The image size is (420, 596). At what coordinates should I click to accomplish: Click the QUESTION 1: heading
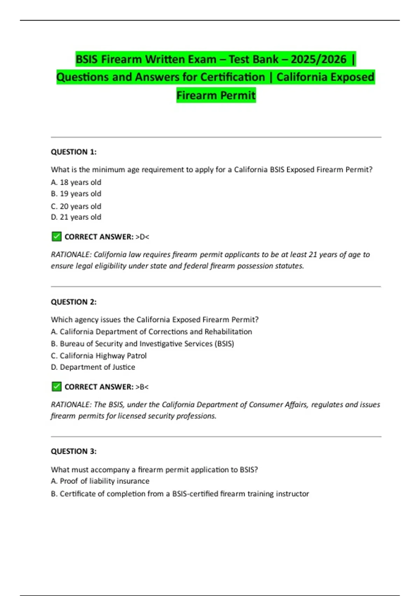coord(73,152)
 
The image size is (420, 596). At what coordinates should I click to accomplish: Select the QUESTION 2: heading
coord(73,302)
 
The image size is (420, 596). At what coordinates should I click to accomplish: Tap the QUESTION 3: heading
coord(73,451)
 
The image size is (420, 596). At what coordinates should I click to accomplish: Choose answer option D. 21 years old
coord(76,217)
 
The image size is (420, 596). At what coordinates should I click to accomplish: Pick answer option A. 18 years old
coord(76,182)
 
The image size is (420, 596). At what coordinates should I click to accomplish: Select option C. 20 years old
coord(76,206)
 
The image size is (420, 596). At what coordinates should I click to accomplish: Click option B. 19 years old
coord(76,194)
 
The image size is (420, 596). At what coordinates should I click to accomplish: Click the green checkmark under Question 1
coord(56,237)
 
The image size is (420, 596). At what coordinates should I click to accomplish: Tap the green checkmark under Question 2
coord(56,387)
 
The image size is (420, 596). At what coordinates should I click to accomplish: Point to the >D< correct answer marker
coord(142,237)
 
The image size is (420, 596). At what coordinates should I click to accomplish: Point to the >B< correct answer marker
coord(142,387)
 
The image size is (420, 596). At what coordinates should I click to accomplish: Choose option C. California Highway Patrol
coord(99,355)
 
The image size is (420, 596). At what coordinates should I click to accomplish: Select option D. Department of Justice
coord(93,367)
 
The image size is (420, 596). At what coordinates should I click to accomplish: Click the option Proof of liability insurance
coord(100,481)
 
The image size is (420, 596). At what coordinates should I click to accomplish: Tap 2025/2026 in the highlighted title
coord(318,59)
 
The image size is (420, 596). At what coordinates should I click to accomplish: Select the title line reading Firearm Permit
coord(216,95)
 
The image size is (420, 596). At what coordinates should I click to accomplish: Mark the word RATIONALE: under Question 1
coord(71,255)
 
